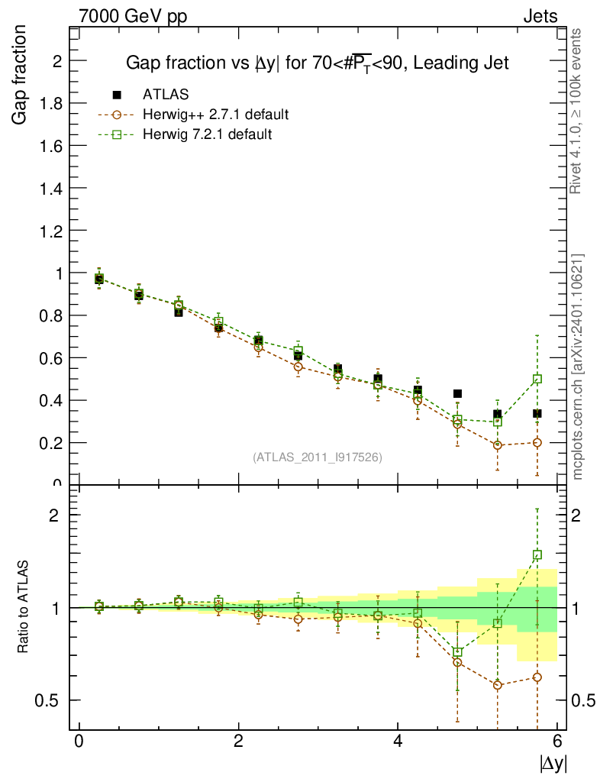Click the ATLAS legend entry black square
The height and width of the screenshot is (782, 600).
(117, 95)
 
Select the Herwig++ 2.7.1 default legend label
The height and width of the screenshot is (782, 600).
(216, 115)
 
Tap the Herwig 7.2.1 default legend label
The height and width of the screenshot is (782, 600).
(208, 134)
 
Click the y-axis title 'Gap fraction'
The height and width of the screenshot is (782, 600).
(18, 75)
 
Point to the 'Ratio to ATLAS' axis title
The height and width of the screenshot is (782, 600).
(22, 607)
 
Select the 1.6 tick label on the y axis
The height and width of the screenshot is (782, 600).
(50, 146)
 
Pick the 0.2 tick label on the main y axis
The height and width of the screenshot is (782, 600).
(50, 443)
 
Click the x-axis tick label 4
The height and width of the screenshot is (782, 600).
(398, 741)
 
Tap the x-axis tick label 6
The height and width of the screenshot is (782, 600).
(557, 741)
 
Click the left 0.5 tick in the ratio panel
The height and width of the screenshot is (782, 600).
(47, 701)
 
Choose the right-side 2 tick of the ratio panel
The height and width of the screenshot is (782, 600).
(576, 515)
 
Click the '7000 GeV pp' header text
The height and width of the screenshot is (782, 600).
(133, 17)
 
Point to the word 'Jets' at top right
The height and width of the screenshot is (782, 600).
(540, 17)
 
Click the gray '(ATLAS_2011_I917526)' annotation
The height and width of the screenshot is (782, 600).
(318, 457)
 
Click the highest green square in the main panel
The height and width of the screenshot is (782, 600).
(537, 379)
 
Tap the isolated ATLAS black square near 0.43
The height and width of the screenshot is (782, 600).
(457, 393)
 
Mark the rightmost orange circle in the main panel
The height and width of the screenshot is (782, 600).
(537, 442)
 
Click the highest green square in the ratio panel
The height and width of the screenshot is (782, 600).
(537, 554)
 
